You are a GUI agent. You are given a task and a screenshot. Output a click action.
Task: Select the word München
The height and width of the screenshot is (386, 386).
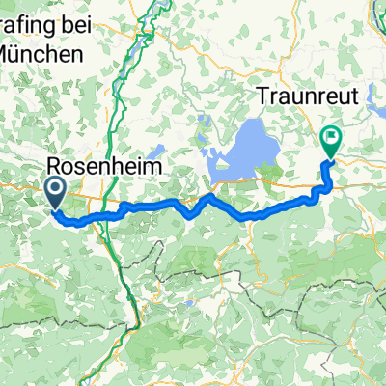click(x=41, y=56)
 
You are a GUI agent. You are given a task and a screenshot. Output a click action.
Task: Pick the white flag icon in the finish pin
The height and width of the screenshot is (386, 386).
click(x=331, y=138)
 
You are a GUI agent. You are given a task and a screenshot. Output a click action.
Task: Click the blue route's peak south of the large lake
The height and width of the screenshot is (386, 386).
click(x=211, y=195)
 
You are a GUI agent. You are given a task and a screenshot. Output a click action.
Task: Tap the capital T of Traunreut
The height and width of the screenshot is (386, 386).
click(x=262, y=96)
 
